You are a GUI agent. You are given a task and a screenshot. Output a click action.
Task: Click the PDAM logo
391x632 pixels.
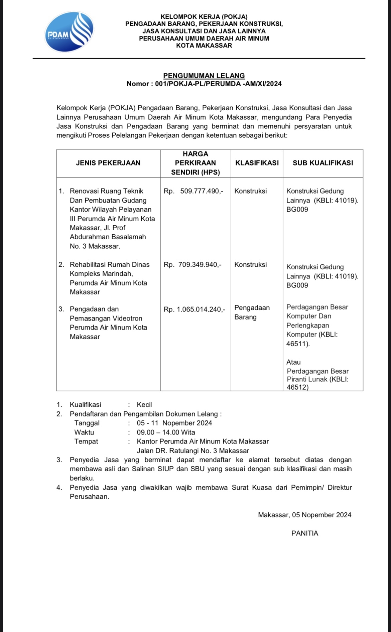[69, 32]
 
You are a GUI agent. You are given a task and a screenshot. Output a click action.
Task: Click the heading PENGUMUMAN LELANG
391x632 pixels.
[204, 76]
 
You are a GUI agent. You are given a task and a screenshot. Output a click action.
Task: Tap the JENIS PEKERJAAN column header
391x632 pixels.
[108, 163]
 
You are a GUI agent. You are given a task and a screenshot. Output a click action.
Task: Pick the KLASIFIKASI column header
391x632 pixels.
[257, 163]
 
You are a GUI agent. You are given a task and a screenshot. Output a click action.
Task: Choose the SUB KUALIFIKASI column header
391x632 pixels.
[323, 163]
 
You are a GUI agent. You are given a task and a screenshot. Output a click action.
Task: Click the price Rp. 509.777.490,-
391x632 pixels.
[193, 191]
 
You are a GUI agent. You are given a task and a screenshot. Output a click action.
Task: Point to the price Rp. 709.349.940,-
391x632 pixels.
[192, 265]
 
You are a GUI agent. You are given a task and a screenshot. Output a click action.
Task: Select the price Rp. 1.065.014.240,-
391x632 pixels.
[194, 309]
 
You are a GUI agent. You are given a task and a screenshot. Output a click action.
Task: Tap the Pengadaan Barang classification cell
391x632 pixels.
[252, 312]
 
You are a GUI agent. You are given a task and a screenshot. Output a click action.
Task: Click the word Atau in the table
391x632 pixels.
[293, 362]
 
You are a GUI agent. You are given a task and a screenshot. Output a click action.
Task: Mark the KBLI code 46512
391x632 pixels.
[297, 387]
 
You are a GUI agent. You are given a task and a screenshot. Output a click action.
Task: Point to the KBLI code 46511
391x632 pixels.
[297, 344]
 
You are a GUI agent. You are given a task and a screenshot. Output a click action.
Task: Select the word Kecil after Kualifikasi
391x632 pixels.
[144, 405]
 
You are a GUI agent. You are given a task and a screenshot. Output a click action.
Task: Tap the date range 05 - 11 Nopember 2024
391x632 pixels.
[174, 423]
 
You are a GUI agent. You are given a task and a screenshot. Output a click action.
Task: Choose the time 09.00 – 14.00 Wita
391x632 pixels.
[166, 432]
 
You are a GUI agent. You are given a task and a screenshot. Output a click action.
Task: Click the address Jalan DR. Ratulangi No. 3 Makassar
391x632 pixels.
[193, 451]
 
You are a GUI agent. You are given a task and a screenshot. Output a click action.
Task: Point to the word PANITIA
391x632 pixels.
[305, 533]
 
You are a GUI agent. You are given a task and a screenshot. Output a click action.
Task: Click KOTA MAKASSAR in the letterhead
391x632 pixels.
[204, 46]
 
